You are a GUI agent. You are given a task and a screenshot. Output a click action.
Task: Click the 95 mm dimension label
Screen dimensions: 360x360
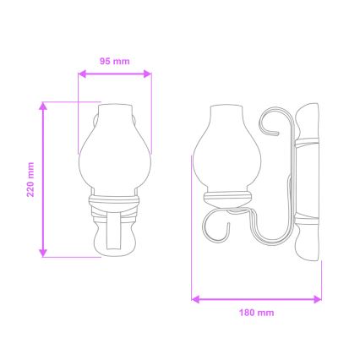(x=114, y=61)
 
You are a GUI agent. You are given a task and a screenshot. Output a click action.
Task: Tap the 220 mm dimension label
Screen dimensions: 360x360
(x=30, y=179)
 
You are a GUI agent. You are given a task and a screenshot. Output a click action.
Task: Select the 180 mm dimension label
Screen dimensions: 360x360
(x=258, y=312)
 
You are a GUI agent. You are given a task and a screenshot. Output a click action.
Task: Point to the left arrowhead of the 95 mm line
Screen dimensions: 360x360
(x=80, y=74)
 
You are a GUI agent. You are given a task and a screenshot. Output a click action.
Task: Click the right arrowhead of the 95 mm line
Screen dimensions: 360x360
(x=150, y=74)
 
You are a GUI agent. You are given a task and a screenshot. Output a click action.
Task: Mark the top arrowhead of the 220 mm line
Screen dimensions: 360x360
(x=42, y=105)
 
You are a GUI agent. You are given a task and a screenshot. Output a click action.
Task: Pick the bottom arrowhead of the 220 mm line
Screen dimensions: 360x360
(x=42, y=254)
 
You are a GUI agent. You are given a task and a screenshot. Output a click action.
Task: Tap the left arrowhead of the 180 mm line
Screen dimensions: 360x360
(x=195, y=297)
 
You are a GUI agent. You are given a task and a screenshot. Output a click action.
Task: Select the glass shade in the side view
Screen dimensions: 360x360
(x=226, y=152)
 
